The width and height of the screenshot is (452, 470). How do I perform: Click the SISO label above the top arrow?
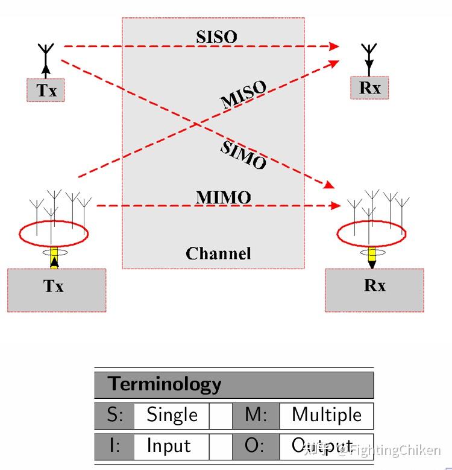click(x=216, y=36)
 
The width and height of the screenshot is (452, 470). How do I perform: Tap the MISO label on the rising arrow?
click(x=243, y=95)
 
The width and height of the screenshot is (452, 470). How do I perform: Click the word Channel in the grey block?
click(x=218, y=253)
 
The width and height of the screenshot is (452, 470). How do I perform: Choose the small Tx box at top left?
click(x=46, y=91)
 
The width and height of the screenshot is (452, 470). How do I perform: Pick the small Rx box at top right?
click(x=369, y=87)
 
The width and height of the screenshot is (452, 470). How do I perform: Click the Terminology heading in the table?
click(x=164, y=384)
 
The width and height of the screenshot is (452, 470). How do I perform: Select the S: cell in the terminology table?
click(x=115, y=415)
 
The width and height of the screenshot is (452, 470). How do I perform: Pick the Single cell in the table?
click(x=172, y=415)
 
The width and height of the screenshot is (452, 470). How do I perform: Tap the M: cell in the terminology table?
click(x=256, y=415)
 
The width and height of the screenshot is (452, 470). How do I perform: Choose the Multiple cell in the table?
click(x=326, y=415)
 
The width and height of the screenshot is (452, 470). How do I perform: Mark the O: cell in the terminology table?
click(x=256, y=446)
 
